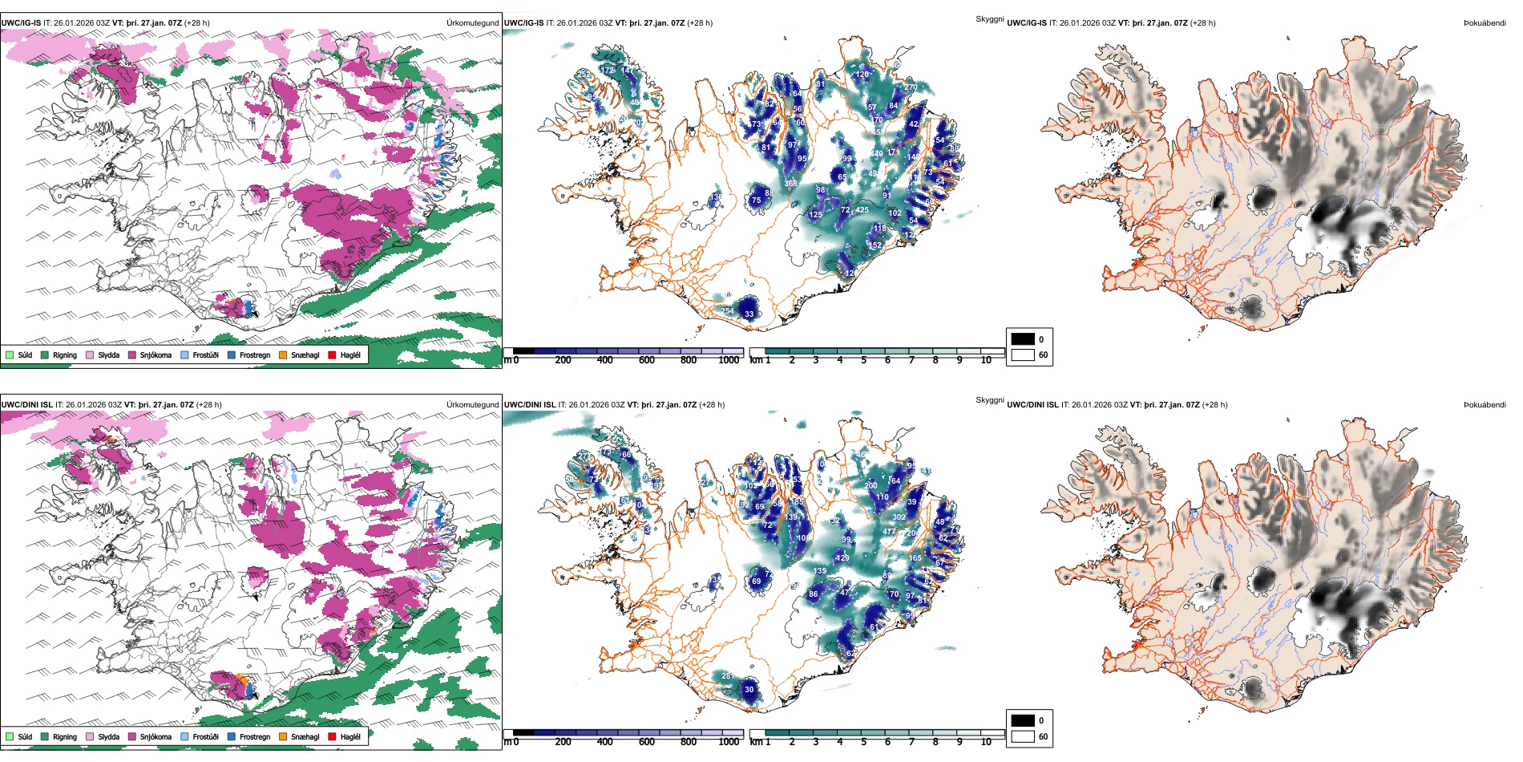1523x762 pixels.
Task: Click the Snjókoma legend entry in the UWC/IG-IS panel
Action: tap(156, 355)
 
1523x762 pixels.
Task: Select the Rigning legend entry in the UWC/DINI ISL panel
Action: tap(64, 736)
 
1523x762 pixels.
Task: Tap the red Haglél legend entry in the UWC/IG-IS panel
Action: tap(349, 355)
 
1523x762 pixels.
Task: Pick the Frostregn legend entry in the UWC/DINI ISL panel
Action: tap(254, 736)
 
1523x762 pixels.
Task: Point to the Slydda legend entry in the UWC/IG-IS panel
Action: tap(108, 355)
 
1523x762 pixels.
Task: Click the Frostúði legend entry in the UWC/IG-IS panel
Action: tap(205, 355)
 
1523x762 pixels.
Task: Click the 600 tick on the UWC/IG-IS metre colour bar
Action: tap(646, 360)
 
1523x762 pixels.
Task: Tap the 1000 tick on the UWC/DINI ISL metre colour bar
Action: tap(729, 742)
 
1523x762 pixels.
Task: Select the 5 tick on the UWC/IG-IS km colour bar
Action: tap(863, 360)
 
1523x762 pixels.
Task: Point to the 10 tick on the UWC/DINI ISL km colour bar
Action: tap(986, 742)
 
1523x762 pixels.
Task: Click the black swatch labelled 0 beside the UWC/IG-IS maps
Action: tap(1023, 339)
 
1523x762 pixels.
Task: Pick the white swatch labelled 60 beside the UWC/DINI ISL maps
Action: tap(1023, 736)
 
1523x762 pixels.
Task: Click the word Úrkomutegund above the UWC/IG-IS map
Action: tap(473, 23)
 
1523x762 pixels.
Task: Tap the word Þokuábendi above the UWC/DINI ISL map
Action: tap(1485, 405)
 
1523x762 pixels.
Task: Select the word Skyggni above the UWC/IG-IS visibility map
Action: tap(989, 19)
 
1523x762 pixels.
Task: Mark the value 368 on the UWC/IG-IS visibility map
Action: tap(790, 184)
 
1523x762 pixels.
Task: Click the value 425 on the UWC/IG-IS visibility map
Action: tap(862, 210)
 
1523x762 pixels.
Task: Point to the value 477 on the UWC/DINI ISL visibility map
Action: tap(890, 532)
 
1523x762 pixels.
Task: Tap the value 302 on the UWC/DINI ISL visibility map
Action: tap(899, 517)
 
